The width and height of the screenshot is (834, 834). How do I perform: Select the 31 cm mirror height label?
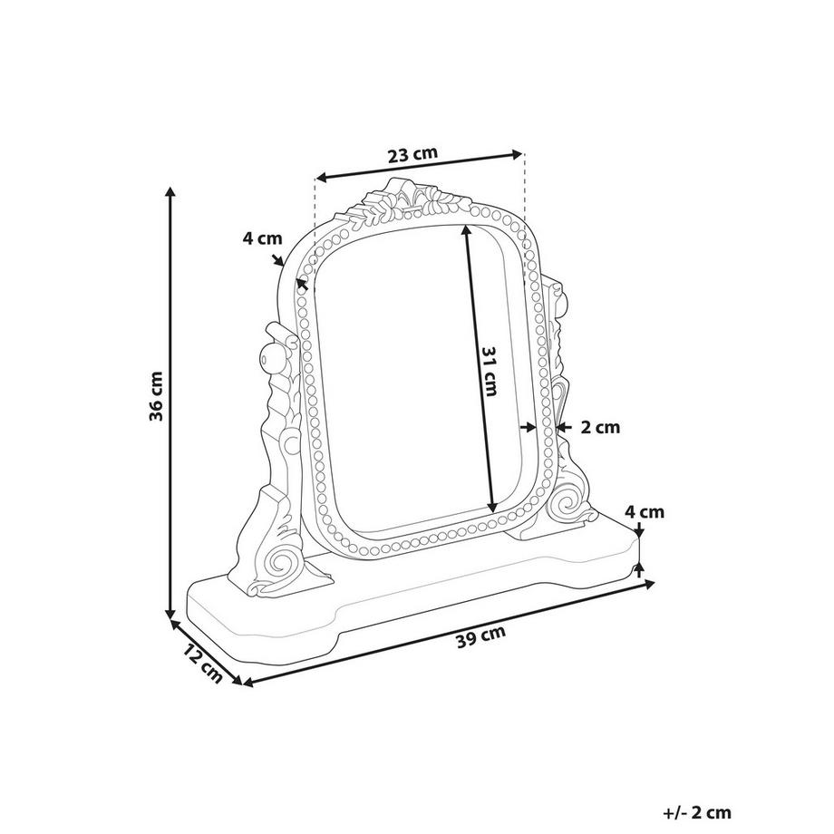[x=490, y=372]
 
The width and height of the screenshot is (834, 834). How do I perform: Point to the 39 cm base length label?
[x=480, y=635]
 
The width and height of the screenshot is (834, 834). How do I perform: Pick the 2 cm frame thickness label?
[x=601, y=427]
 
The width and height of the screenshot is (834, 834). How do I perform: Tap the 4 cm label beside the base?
[x=646, y=512]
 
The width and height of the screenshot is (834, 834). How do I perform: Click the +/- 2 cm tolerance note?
[x=696, y=813]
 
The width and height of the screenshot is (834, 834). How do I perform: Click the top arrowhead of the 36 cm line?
[x=170, y=193]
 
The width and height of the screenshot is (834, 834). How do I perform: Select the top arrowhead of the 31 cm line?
[x=468, y=229]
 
